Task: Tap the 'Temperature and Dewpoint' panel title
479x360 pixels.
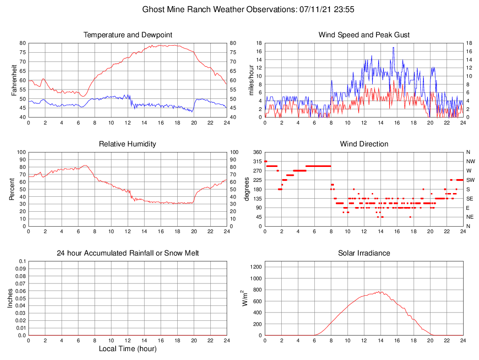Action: [x=128, y=35]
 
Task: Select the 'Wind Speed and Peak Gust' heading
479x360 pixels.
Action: [x=364, y=35]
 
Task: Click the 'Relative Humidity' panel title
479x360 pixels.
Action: [x=128, y=144]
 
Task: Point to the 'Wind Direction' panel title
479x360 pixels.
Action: [x=364, y=144]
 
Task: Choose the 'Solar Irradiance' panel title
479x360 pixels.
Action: [x=364, y=253]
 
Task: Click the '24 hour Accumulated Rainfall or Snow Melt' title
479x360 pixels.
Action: [x=128, y=253]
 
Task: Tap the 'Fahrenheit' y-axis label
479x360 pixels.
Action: [x=14, y=80]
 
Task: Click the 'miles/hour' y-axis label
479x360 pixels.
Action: [x=252, y=80]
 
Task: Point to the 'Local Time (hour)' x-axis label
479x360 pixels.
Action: [x=128, y=349]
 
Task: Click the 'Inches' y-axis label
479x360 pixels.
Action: [x=10, y=298]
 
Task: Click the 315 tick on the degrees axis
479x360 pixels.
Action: [x=257, y=161]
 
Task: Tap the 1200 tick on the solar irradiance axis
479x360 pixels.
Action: [x=255, y=267]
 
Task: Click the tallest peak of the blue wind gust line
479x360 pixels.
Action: [x=393, y=48]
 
